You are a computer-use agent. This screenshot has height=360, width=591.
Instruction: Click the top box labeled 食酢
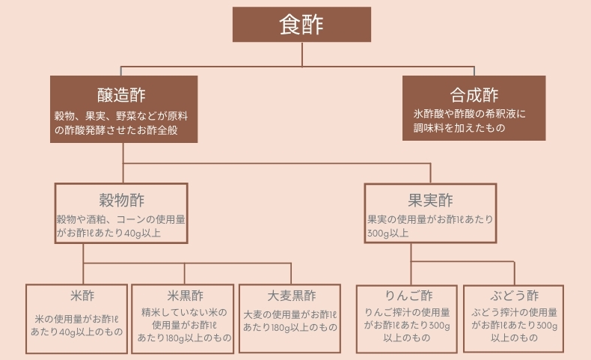pyautogui.click(x=301, y=25)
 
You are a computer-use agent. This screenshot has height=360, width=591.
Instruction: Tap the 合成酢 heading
pyautogui.click(x=474, y=95)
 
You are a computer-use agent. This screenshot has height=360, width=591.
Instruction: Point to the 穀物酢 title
pyautogui.click(x=121, y=200)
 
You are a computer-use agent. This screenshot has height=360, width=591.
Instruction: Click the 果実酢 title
pyautogui.click(x=430, y=200)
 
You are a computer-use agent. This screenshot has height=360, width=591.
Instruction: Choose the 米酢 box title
pyautogui.click(x=77, y=295)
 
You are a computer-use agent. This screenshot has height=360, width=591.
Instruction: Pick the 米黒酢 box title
pyautogui.click(x=184, y=295)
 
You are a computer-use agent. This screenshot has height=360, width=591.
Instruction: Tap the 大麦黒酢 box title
pyautogui.click(x=290, y=295)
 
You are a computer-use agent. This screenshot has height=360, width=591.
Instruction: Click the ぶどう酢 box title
pyautogui.click(x=514, y=295)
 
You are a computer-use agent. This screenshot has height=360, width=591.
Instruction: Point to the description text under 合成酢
pyautogui.click(x=470, y=121)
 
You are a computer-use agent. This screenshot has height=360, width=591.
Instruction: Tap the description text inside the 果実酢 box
pyautogui.click(x=430, y=226)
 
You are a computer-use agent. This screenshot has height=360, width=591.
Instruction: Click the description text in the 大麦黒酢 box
pyautogui.click(x=290, y=321)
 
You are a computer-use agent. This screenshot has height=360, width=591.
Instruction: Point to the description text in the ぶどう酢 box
pyautogui.click(x=514, y=325)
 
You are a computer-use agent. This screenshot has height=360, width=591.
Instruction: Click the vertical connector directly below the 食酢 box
pyautogui.click(x=301, y=53)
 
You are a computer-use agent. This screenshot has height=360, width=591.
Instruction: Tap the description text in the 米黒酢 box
pyautogui.click(x=184, y=325)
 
